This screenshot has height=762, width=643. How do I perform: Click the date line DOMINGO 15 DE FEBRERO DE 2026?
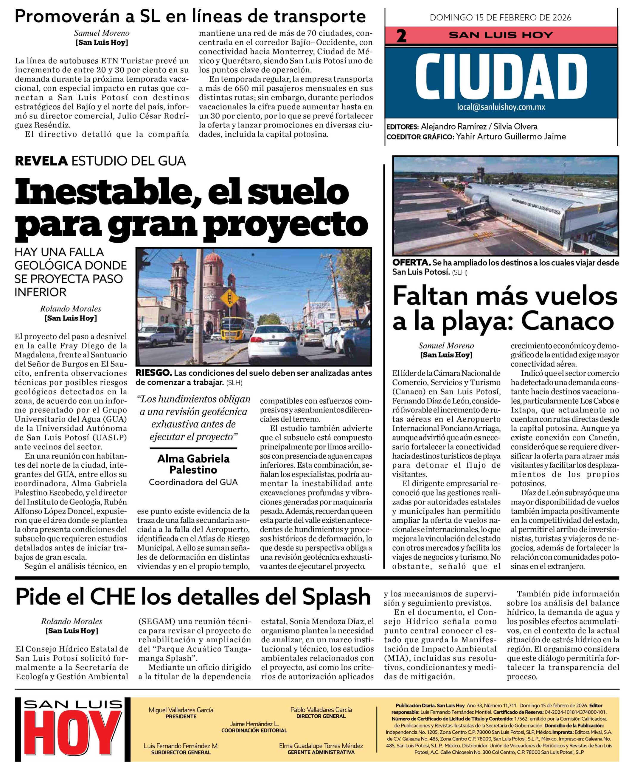[x=501, y=18]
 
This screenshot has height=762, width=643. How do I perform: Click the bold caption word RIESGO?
[x=153, y=373]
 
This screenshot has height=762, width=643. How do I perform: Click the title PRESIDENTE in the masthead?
[x=181, y=716]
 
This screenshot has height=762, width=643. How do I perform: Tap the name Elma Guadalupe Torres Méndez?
[x=321, y=746]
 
